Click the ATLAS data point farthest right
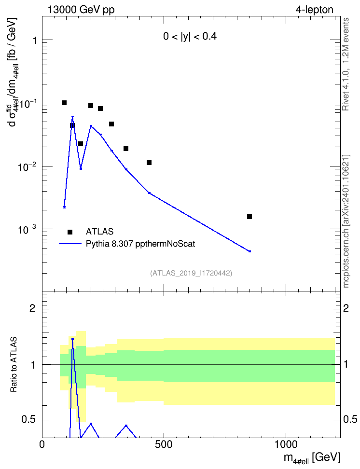[249, 217]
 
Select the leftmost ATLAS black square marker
[64, 103]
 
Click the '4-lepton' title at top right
[314, 10]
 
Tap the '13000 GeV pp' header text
[81, 10]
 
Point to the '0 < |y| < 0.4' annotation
[190, 37]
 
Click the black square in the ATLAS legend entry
[70, 232]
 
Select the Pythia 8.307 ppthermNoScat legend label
[140, 244]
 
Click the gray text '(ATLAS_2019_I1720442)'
[191, 273]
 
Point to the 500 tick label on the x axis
[164, 444]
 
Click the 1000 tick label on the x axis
[286, 444]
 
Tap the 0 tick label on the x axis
[42, 444]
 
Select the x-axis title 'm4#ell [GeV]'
[312, 458]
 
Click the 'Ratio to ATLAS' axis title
[14, 365]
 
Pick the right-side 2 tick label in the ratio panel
[346, 308]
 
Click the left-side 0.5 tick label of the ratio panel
[28, 420]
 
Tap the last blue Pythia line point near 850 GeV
[249, 251]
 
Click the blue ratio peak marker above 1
[72, 339]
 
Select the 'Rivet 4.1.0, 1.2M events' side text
[346, 64]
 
